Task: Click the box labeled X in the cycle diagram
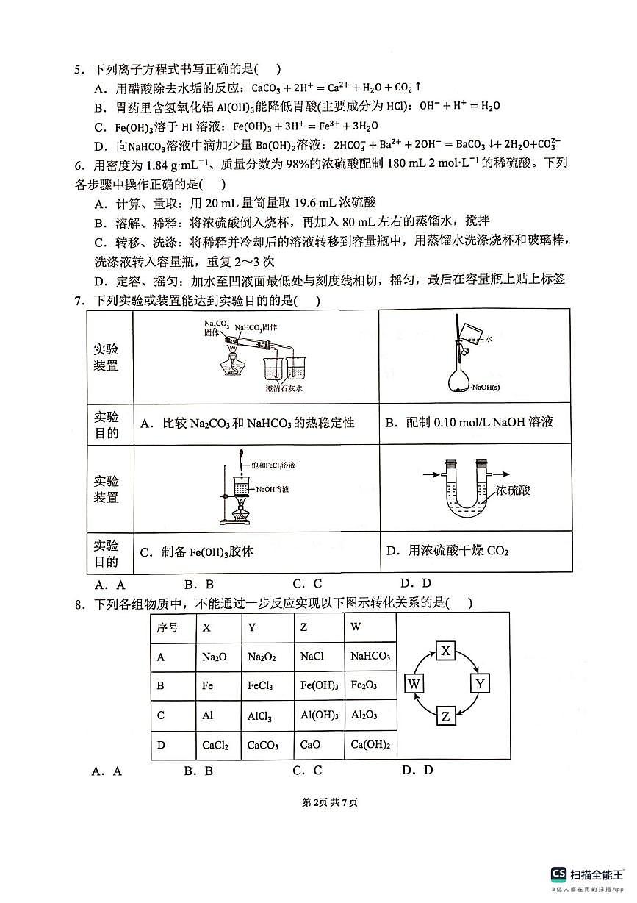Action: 447,650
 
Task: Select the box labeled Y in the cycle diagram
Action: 479,683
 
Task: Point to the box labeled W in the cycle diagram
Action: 414,683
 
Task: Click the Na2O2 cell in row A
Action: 262,657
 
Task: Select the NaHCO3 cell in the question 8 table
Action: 370,656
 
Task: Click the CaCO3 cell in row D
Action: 262,746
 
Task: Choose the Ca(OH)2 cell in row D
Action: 370,745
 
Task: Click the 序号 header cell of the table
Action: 168,628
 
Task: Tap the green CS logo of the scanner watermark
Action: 559,874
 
